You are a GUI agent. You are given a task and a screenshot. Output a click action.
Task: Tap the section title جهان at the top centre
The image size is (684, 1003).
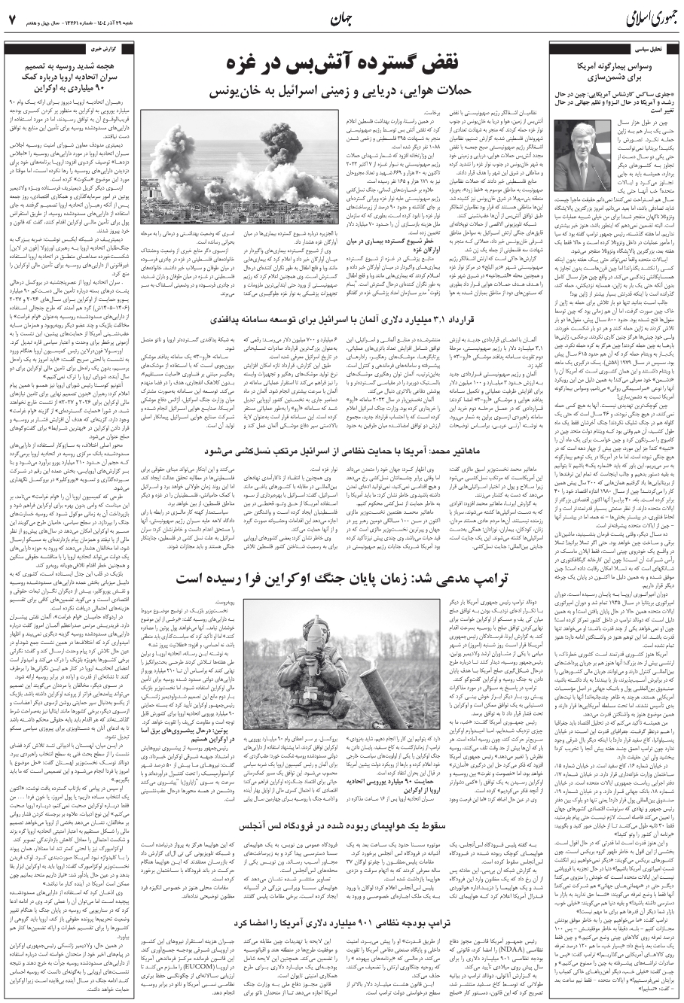[340, 17]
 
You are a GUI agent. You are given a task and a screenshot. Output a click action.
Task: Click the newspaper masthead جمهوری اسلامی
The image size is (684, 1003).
[634, 17]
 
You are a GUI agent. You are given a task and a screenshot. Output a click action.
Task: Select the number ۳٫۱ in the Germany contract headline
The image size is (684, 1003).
[505, 321]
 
